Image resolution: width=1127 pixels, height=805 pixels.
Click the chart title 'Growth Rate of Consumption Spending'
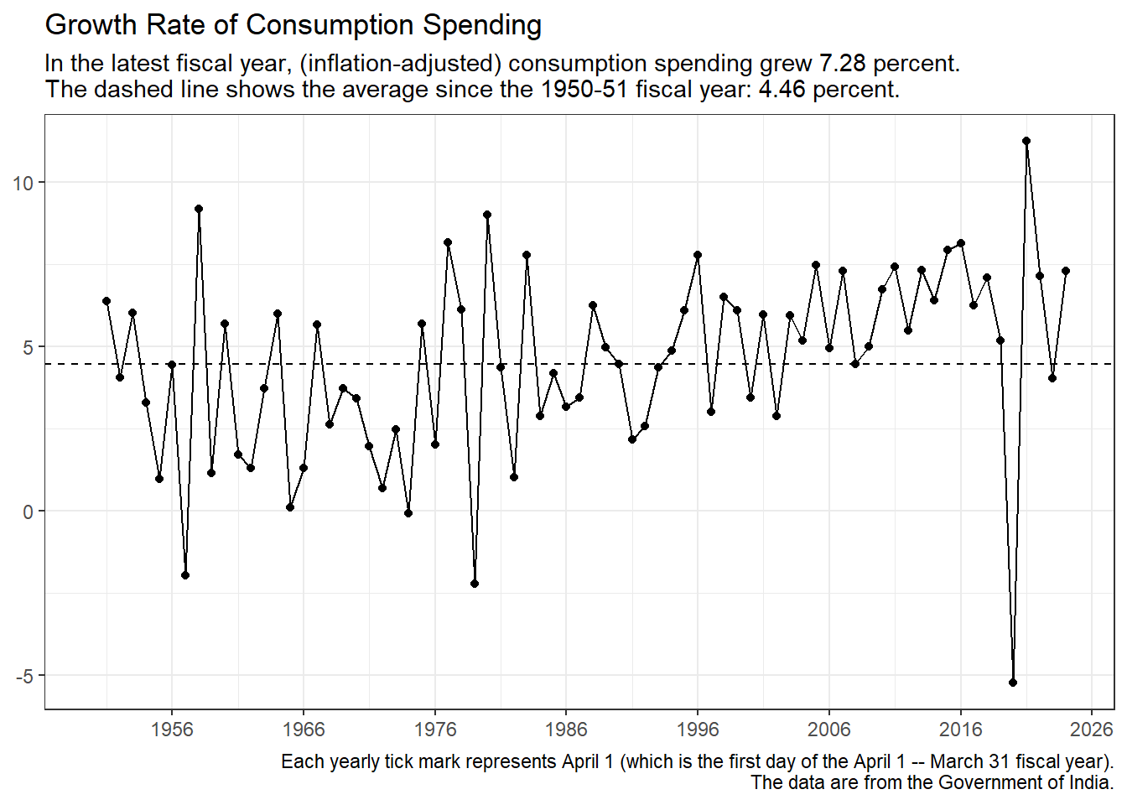tap(293, 25)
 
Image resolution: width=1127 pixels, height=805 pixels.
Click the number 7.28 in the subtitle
tap(842, 64)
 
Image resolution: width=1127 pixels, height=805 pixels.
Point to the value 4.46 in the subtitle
tap(782, 89)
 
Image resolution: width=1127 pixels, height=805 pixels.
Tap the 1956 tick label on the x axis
tap(172, 730)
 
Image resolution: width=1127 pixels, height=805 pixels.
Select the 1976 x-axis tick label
tap(434, 730)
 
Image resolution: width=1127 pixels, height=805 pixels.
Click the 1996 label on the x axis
tap(698, 730)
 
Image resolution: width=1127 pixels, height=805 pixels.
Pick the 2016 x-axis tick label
tap(960, 730)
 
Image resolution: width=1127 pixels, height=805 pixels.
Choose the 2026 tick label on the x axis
tap(1091, 730)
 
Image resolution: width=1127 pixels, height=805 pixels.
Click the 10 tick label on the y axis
tap(23, 183)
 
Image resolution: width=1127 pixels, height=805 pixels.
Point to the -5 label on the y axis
tap(23, 676)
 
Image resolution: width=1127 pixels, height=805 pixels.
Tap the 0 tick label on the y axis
tap(28, 512)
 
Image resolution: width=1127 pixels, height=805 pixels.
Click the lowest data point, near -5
tap(1013, 683)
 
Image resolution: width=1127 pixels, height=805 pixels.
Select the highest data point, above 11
tap(1026, 141)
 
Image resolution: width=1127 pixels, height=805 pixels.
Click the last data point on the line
tap(1066, 271)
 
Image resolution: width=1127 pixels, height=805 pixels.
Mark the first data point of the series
tap(106, 301)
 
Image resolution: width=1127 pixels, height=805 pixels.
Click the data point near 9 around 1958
tap(199, 209)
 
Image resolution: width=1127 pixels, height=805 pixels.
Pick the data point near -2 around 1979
tap(475, 584)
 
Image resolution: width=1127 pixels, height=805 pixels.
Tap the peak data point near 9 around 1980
tap(487, 215)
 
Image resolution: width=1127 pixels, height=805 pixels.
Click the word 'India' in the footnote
tap(1089, 783)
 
